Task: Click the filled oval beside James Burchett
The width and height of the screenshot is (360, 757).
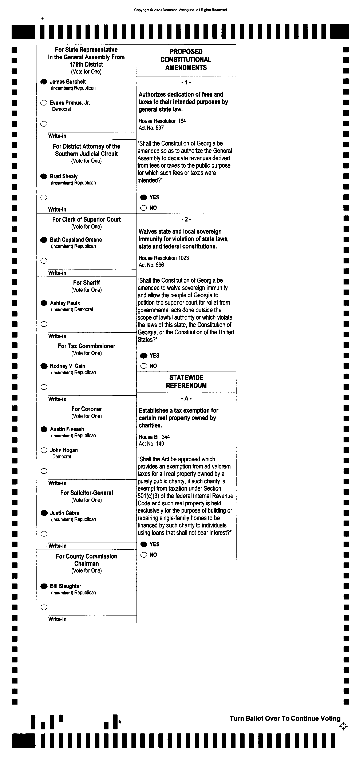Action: pos(43,82)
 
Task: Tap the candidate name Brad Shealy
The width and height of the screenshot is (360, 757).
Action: pos(63,176)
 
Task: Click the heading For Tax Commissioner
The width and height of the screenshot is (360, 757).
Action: pos(86,346)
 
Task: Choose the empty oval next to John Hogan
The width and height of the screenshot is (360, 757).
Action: pos(44,450)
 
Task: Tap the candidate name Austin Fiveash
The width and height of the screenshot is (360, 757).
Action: pos(67,429)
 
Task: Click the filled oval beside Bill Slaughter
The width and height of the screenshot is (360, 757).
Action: pos(44,586)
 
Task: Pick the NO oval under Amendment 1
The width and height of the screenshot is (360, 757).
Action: pos(143,208)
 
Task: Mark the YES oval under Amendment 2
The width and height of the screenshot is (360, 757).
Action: pos(144,356)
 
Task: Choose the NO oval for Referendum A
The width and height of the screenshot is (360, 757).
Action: pos(144,555)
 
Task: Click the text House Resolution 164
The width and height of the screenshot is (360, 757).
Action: pos(162,121)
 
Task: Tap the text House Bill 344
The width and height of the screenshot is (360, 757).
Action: pos(154,437)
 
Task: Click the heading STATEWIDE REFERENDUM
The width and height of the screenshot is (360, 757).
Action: pos(186,381)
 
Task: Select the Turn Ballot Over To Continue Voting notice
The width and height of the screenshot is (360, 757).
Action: pos(285,718)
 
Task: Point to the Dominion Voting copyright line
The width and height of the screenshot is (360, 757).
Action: pos(181,10)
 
